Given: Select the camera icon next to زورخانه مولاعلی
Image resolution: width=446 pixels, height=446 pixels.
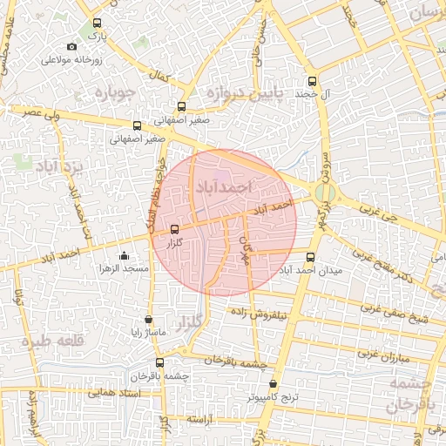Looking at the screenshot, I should [x=71, y=46].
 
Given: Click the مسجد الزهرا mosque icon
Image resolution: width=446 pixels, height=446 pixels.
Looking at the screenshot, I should [x=124, y=255].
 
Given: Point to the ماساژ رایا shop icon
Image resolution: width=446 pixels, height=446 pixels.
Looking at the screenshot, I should [x=148, y=320].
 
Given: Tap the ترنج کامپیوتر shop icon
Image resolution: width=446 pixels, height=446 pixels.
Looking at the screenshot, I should [x=274, y=383].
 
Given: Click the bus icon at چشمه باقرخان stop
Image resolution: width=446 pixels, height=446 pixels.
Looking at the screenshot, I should [x=159, y=362].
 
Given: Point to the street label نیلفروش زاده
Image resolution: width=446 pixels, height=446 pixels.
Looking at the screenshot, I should [x=277, y=316].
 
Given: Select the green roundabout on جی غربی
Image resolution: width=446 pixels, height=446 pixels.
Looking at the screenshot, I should [x=324, y=193].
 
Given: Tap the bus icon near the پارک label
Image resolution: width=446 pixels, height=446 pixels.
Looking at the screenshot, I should [x=96, y=24].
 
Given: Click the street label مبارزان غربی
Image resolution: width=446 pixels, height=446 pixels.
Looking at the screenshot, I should [x=378, y=354].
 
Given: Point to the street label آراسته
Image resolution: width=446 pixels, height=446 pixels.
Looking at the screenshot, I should [x=199, y=420].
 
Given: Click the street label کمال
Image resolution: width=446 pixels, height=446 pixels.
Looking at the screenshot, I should [x=158, y=78].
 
